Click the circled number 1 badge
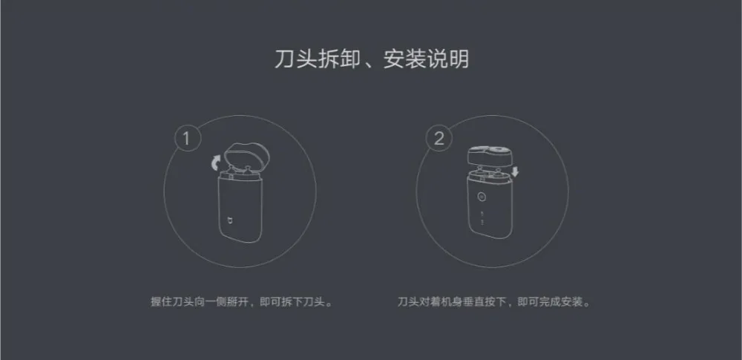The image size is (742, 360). tap(187, 139)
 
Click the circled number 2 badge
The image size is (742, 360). tap(439, 139)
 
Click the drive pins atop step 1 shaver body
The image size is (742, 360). tap(238, 173)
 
